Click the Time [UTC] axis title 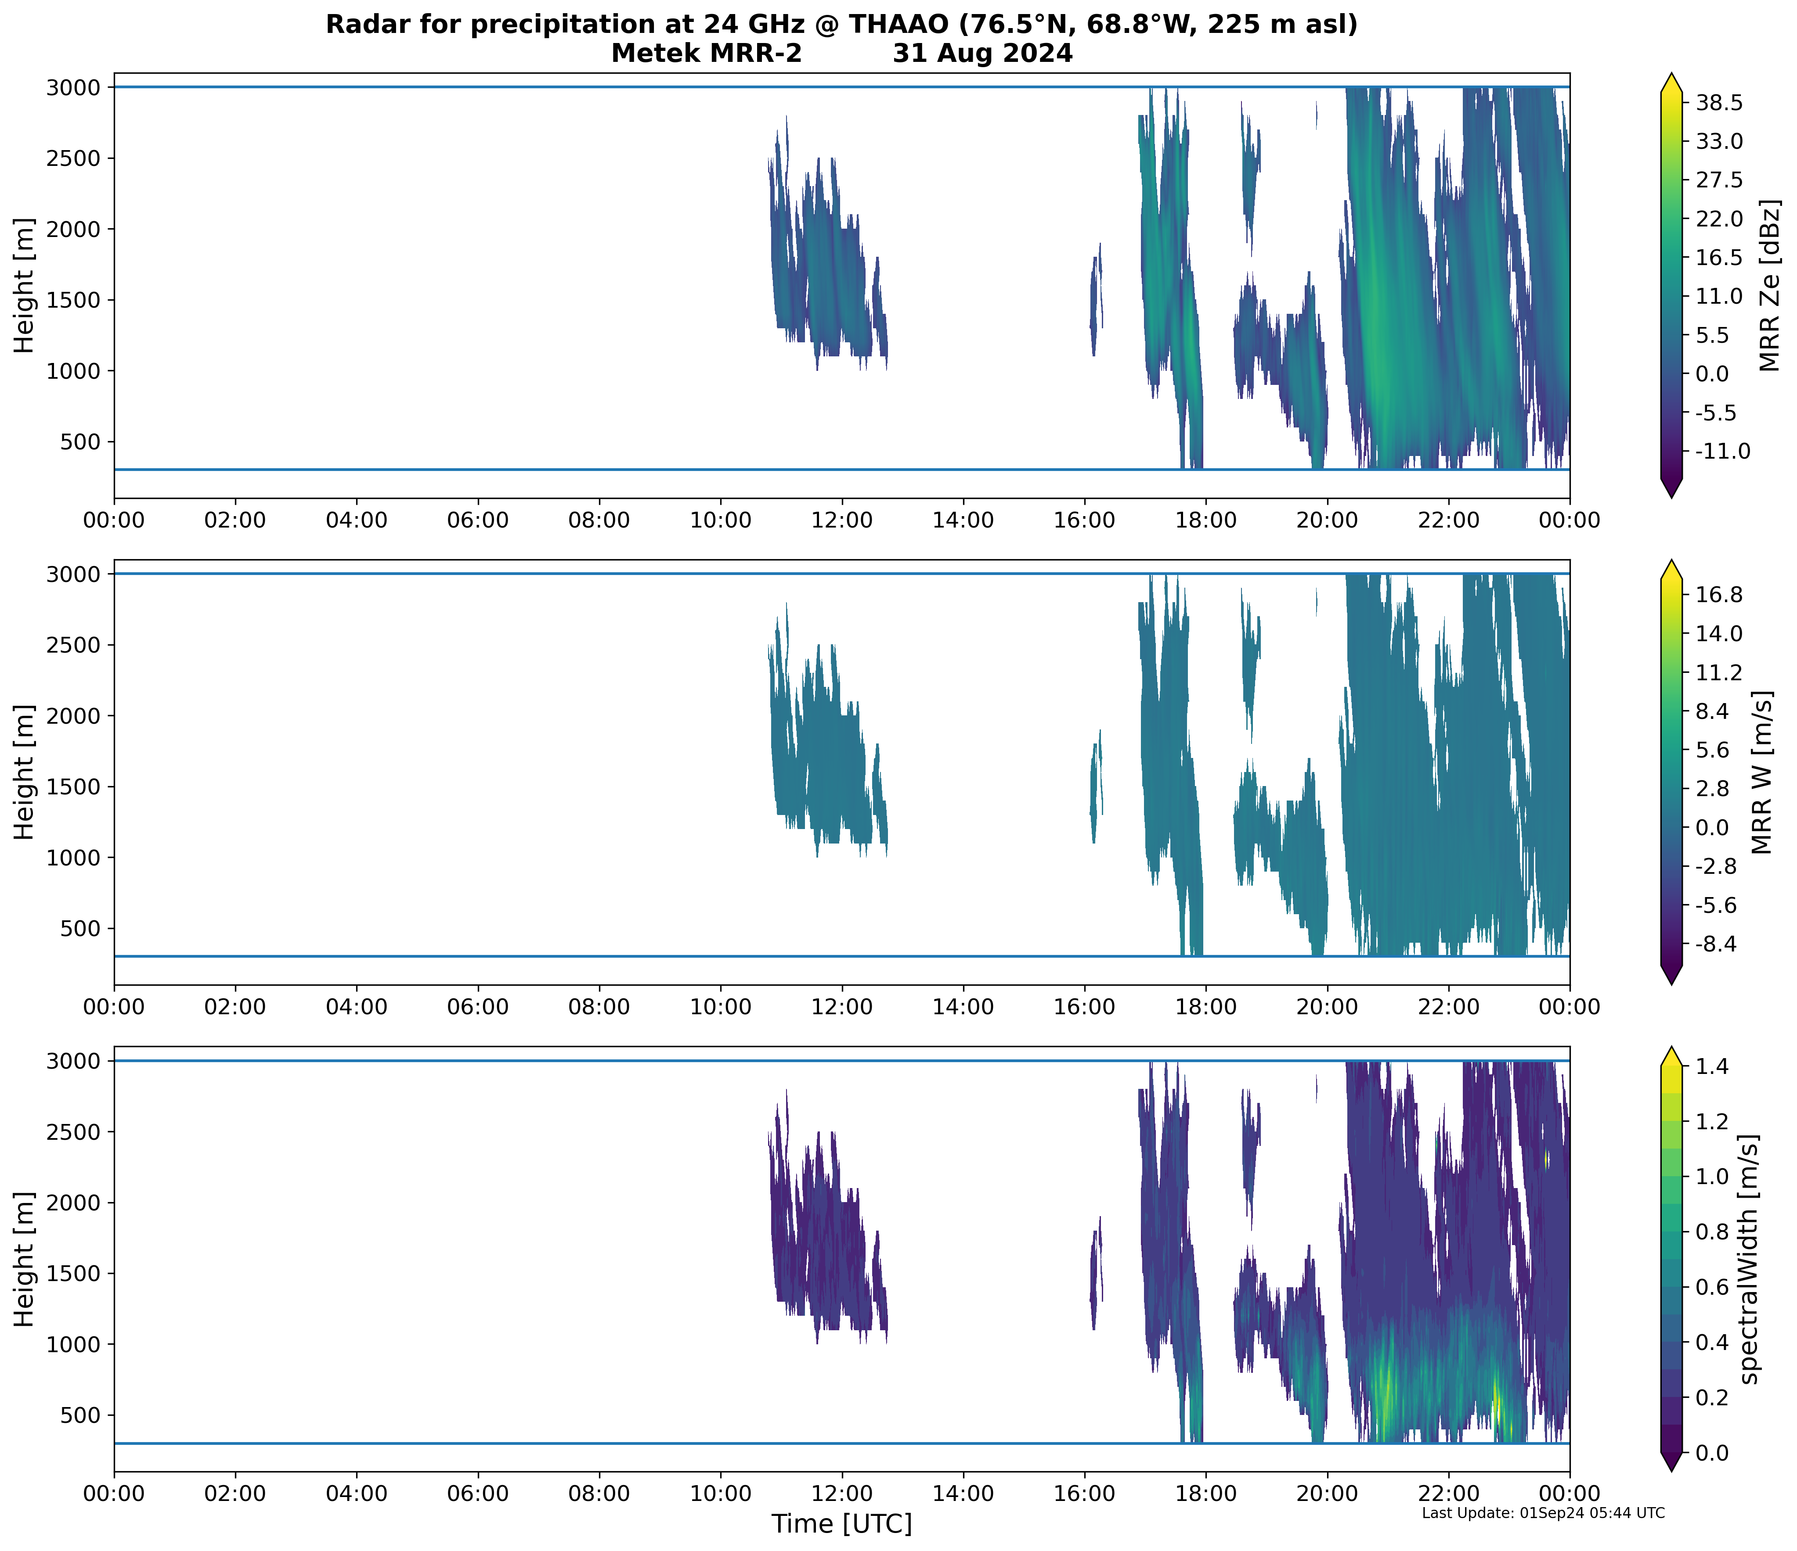point(841,1523)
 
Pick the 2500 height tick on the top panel point(74,158)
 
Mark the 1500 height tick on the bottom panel point(74,1274)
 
